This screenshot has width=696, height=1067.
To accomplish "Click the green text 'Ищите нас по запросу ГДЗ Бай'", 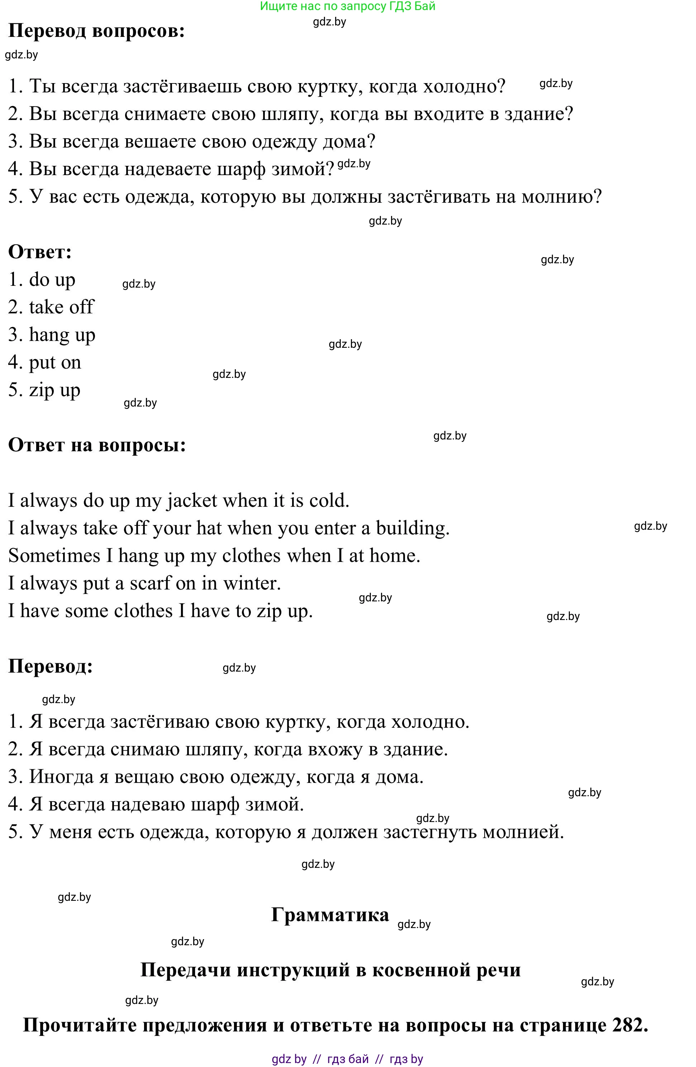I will (x=348, y=6).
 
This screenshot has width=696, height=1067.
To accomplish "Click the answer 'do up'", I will (x=52, y=280).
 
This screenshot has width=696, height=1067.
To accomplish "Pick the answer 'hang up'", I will (x=62, y=335).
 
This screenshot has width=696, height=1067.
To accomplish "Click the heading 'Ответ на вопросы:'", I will (x=97, y=445).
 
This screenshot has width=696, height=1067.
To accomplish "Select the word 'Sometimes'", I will (x=54, y=556).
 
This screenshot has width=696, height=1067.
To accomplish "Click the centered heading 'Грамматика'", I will (x=330, y=914).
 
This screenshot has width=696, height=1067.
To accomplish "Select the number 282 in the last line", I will (x=626, y=1025).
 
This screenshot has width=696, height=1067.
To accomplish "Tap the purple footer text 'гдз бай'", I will (x=348, y=1059).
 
